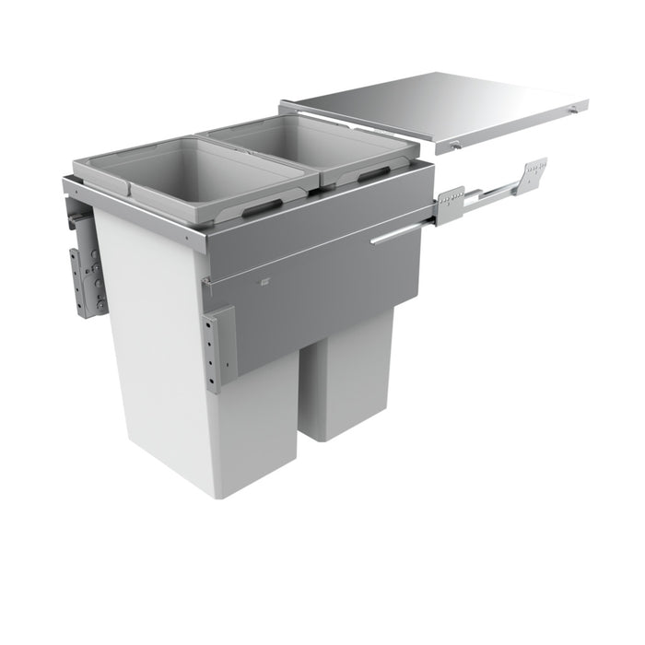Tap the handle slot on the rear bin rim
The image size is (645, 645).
(x=373, y=173)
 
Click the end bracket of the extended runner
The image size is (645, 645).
(x=534, y=171)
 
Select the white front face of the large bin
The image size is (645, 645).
(x=157, y=369)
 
